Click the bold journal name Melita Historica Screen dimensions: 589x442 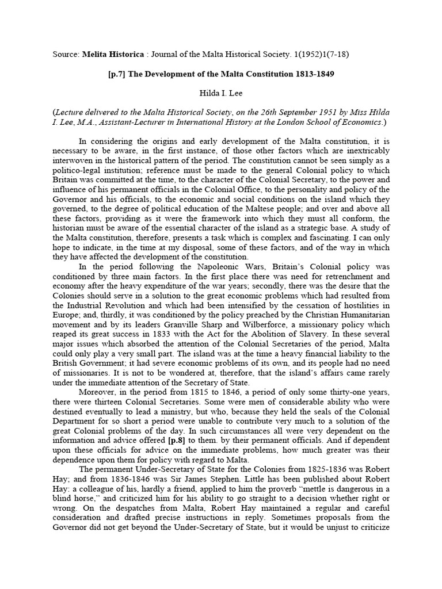(x=106, y=55)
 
